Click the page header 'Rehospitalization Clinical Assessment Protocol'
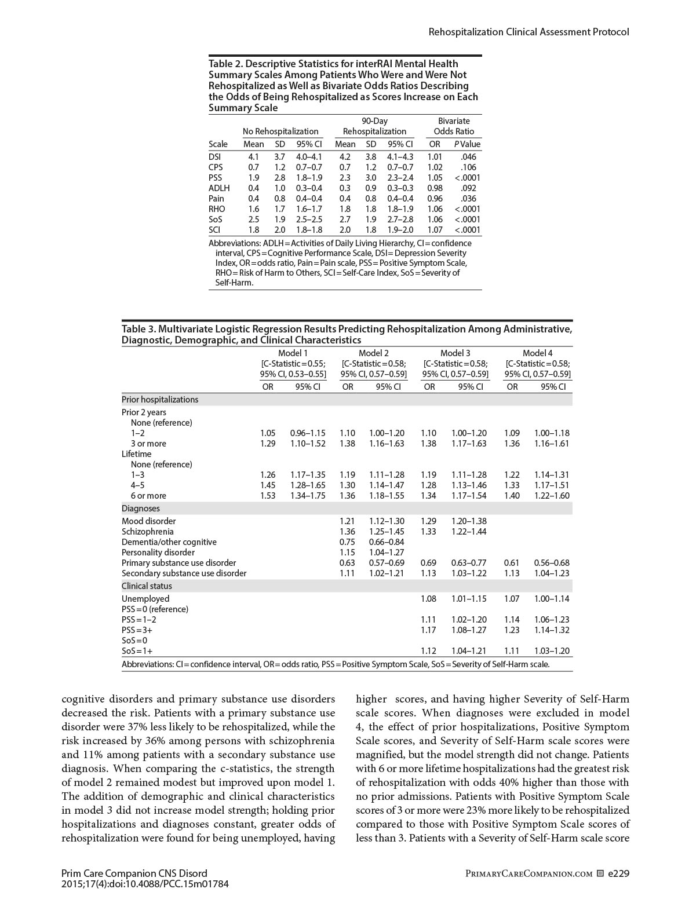528,32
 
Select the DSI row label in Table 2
215,157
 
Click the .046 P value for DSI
468,157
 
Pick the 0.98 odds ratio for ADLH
435,188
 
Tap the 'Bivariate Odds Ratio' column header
454,126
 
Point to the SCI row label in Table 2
214,230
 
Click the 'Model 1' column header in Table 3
293,353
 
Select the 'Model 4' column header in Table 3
537,353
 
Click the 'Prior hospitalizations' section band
160,400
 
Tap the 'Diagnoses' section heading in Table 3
141,509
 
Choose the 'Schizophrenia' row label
148,532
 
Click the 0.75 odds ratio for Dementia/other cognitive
347,542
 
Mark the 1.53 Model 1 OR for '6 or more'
268,496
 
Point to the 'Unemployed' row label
145,599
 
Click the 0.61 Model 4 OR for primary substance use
512,563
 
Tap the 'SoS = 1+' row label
137,651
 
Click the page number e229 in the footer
618,873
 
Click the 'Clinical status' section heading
147,586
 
